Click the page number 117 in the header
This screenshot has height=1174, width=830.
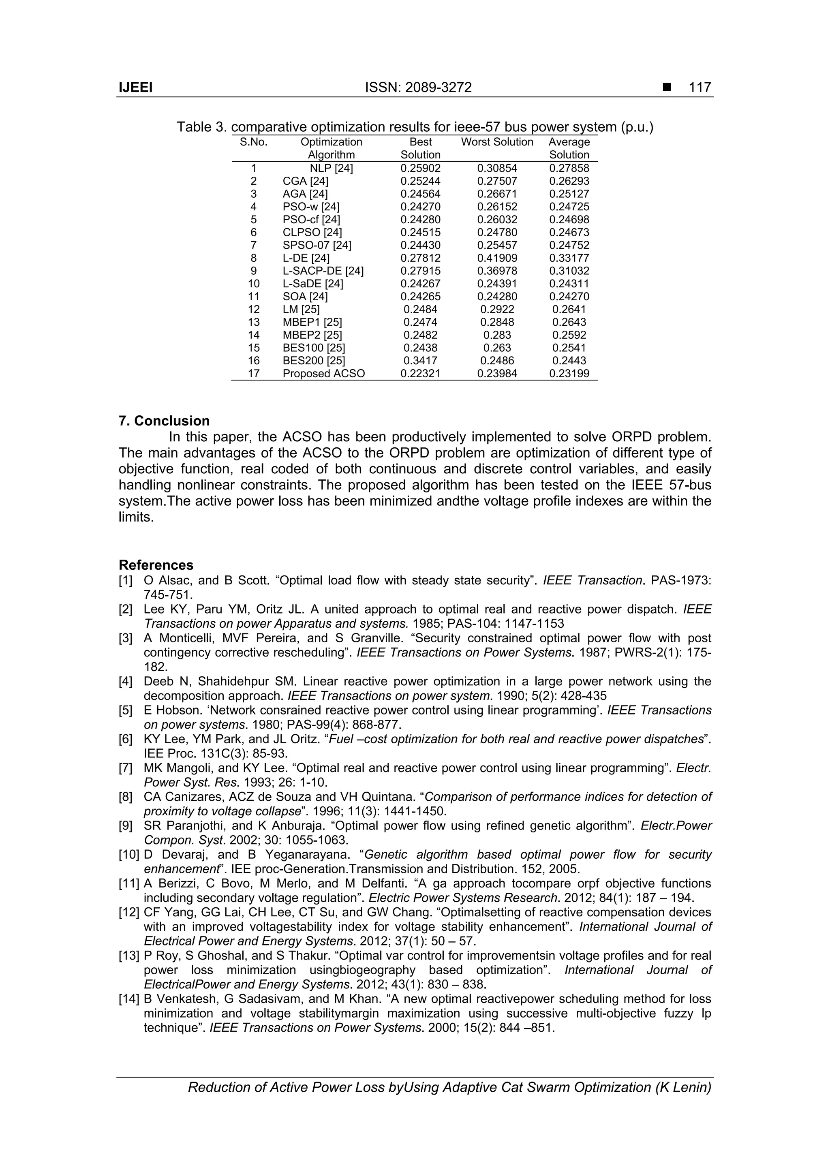[x=700, y=88]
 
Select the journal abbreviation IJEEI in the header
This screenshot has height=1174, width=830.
[x=135, y=88]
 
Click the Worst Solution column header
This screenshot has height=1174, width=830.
[x=497, y=142]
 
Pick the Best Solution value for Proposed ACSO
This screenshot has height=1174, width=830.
[x=420, y=374]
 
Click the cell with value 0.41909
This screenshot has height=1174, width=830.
[x=497, y=258]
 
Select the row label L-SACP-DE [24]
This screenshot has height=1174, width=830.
[x=323, y=271]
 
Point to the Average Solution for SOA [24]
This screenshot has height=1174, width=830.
[x=569, y=297]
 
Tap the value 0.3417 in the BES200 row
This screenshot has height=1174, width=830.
[x=420, y=361]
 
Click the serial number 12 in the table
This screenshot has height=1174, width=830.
[x=254, y=309]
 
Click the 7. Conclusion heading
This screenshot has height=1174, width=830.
[x=164, y=421]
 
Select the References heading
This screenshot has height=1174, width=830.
[x=156, y=565]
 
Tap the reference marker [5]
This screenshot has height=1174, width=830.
[x=126, y=711]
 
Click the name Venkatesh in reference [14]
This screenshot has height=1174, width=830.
[x=186, y=999]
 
